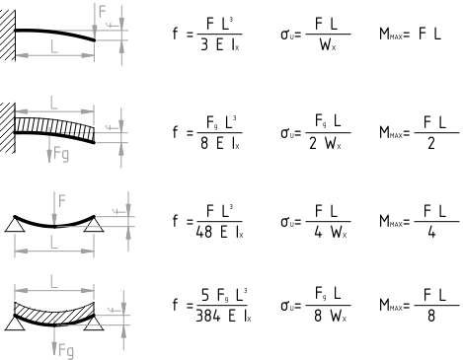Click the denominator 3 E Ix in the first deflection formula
tap(220, 45)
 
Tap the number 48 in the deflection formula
tap(204, 232)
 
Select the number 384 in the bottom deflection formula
tap(208, 316)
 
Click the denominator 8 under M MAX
tap(431, 316)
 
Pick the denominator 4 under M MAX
tap(431, 232)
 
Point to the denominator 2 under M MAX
tap(431, 143)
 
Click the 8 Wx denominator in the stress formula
tap(330, 316)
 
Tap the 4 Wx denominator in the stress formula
tap(330, 232)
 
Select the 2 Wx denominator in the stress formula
tap(325, 143)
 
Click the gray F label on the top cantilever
tap(103, 12)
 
